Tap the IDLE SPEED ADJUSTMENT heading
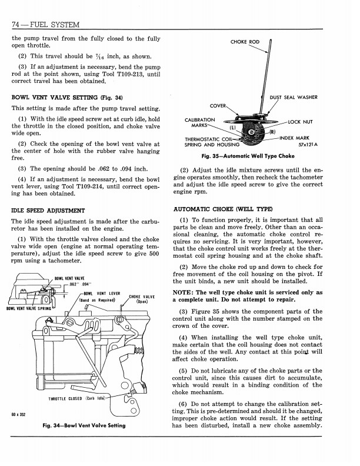48,210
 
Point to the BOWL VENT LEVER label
102,292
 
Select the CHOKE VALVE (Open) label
141,298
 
